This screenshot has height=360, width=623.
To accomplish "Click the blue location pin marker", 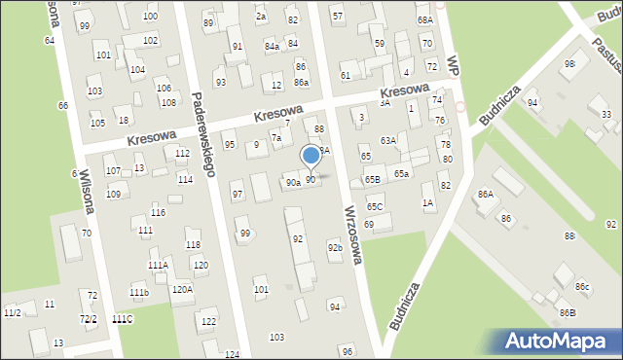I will (x=311, y=156).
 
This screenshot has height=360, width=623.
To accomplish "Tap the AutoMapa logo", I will (x=559, y=341).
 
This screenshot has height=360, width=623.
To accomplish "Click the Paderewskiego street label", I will (x=203, y=133).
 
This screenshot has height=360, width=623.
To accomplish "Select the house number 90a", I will (x=292, y=182).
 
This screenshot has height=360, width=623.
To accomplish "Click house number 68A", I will (x=424, y=19).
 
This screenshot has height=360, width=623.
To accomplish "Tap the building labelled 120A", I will (x=182, y=289).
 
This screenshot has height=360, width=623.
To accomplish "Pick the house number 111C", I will (x=123, y=319).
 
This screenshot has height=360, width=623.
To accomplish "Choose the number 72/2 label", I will (x=89, y=319).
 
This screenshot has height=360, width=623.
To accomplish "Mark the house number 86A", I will (x=485, y=195).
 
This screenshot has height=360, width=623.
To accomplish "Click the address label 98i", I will (x=569, y=63).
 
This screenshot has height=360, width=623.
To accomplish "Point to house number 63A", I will (x=388, y=141).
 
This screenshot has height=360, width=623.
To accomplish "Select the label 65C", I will (x=375, y=207).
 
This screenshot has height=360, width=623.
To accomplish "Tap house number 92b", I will (x=335, y=247).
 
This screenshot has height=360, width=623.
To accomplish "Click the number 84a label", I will (x=272, y=46).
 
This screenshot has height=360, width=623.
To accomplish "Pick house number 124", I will (x=232, y=354).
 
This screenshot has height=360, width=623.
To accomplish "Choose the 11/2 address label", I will (x=13, y=312).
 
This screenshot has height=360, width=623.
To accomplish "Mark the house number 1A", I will (x=427, y=202).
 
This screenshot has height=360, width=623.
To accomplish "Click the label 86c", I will (x=582, y=286).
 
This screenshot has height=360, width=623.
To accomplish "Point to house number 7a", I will (x=276, y=138).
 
